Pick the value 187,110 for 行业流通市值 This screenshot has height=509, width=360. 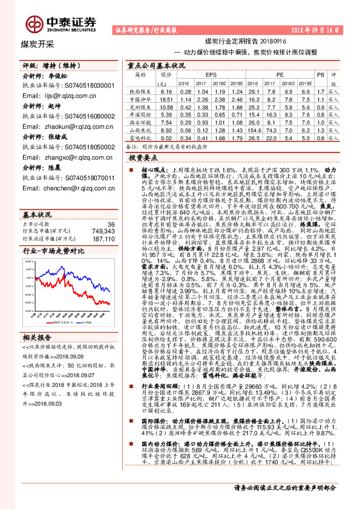pyautogui.click(x=102, y=222)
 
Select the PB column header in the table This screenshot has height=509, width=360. pyautogui.click(x=321, y=74)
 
